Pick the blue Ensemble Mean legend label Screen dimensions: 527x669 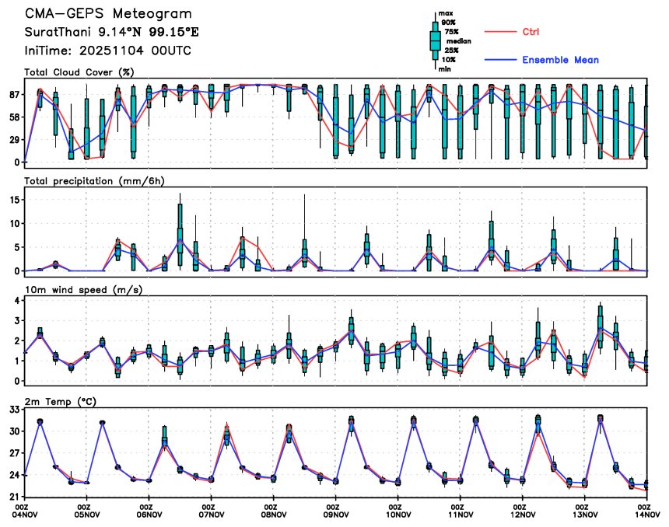pyautogui.click(x=560, y=60)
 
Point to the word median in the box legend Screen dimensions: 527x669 pyautogui.click(x=458, y=41)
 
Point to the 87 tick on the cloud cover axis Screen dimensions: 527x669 pyautogui.click(x=13, y=94)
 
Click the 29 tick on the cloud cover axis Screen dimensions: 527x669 pyautogui.click(x=13, y=139)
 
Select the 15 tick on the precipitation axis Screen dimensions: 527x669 pyautogui.click(x=13, y=199)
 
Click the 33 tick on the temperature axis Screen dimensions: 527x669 pyautogui.click(x=13, y=409)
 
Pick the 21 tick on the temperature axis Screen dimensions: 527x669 pyautogui.click(x=13, y=496)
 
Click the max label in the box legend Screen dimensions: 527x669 pyautogui.click(x=446, y=14)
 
